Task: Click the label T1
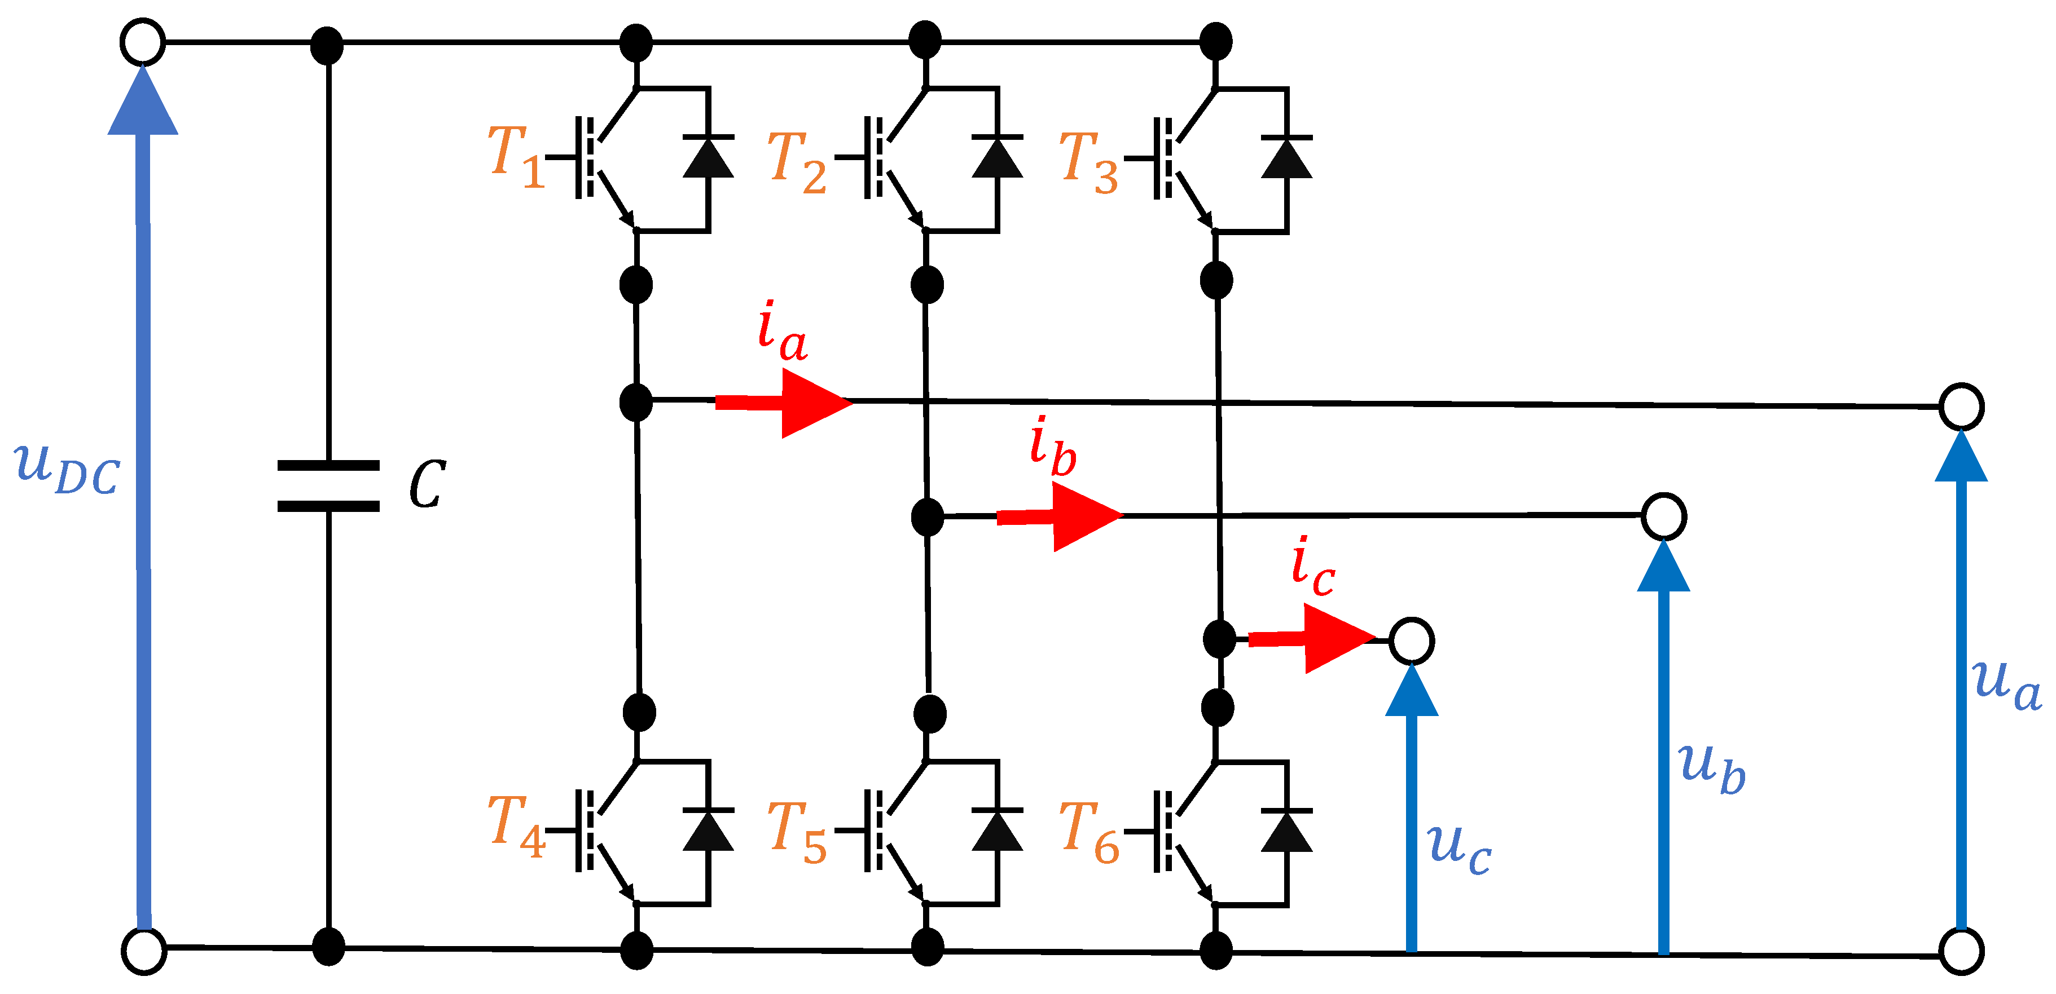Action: (x=515, y=156)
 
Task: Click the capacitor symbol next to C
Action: (x=328, y=485)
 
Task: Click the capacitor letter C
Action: (x=427, y=484)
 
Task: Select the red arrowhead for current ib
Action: (x=1086, y=516)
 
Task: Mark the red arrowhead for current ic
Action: (x=1337, y=638)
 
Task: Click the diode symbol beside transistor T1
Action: (x=708, y=157)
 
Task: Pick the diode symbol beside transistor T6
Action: (x=1286, y=831)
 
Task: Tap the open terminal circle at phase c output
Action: (x=1411, y=640)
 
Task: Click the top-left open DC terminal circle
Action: (x=143, y=42)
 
